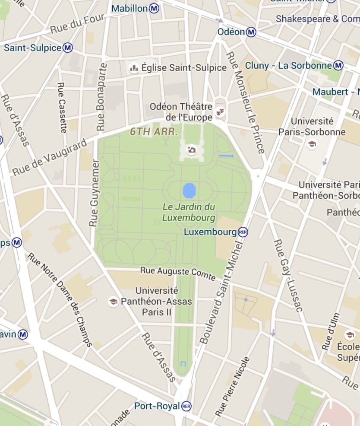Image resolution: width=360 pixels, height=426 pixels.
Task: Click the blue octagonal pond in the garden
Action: pos(189,190)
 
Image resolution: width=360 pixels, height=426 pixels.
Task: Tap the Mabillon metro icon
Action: pos(154,8)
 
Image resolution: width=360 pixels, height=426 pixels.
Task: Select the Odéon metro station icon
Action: pos(251,32)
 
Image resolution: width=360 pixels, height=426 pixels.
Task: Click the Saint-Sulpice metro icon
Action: pos(68,48)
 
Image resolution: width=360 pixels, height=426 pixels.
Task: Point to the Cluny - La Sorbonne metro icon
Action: pos(338,65)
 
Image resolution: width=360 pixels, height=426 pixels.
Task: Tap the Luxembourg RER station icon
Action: pos(243,232)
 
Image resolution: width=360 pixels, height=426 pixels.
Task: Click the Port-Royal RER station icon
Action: pos(186,406)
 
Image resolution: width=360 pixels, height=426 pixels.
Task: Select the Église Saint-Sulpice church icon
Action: pos(134,68)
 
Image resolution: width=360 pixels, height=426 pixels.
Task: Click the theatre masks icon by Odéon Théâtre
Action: pos(221,112)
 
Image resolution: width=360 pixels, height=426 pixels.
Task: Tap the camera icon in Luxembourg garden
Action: pos(191,150)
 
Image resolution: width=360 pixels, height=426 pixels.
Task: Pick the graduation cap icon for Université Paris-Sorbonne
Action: pos(311,144)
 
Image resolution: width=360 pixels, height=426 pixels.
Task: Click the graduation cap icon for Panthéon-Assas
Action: pos(113,302)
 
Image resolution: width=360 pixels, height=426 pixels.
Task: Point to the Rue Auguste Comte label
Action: pos(178,273)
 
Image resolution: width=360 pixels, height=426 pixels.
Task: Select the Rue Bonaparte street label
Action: pos(102,97)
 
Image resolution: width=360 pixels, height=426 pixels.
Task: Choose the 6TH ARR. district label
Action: pos(154,132)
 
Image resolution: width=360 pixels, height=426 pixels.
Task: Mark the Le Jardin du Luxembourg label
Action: pos(189,212)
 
